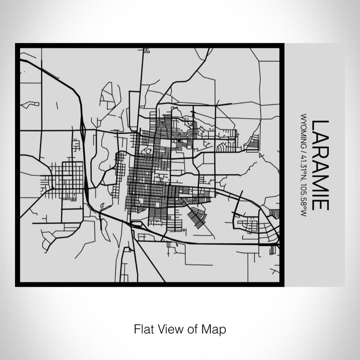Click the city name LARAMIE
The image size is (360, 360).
tap(319, 165)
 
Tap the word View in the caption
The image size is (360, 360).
tap(169, 328)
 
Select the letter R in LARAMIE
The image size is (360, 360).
tap(319, 151)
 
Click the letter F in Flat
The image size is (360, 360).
tap(136, 328)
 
